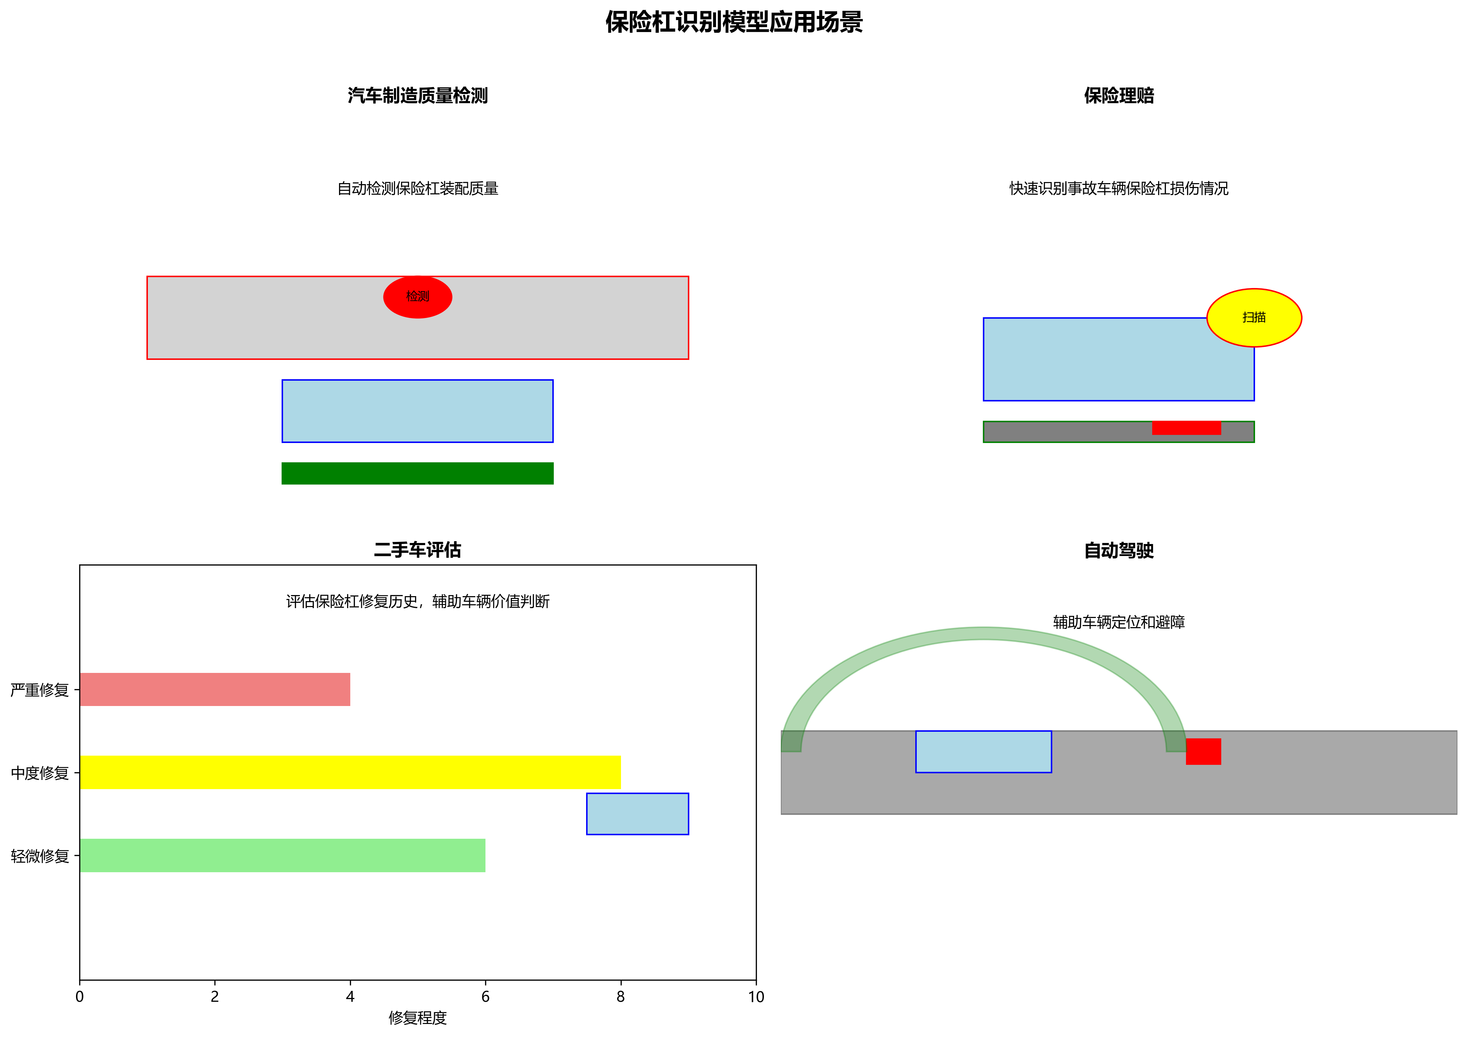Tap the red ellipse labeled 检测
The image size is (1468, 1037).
[418, 296]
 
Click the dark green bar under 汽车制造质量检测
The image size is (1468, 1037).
[418, 473]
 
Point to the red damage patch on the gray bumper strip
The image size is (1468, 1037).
[1186, 428]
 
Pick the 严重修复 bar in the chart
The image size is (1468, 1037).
[215, 689]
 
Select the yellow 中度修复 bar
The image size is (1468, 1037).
[350, 772]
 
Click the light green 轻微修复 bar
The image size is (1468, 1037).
[282, 855]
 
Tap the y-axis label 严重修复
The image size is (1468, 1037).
[40, 690]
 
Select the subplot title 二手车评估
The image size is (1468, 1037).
[418, 550]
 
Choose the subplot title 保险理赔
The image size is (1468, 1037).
[1118, 96]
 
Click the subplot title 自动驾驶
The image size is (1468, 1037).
[1118, 550]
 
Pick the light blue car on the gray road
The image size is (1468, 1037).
[983, 751]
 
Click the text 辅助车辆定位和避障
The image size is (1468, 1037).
[1118, 622]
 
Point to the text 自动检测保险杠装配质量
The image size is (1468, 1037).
[418, 189]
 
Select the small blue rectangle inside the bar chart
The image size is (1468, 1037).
[638, 814]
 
